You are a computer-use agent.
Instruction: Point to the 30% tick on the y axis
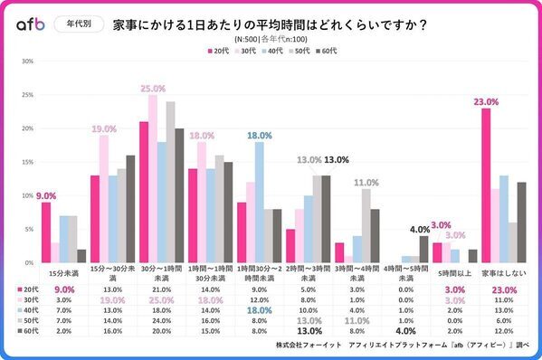[x=27, y=62]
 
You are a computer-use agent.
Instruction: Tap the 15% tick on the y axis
[x=27, y=162]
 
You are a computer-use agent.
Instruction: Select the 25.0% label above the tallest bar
[x=152, y=89]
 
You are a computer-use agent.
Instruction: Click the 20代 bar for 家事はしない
[x=486, y=185]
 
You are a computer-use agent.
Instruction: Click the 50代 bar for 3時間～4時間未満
[x=366, y=225]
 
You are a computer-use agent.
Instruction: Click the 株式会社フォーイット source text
[x=311, y=346]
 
